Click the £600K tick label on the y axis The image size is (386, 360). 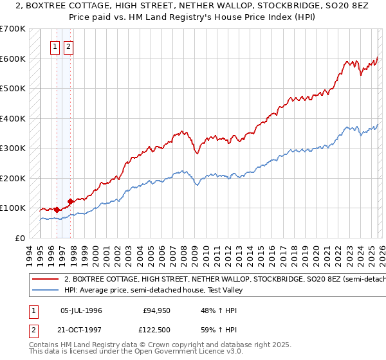click(13, 59)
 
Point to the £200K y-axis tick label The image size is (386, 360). click(13, 178)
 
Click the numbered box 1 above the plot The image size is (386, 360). click(55, 46)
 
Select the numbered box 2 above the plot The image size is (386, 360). click(68, 46)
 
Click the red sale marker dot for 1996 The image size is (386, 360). click(57, 209)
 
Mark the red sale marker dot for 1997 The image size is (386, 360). click(70, 201)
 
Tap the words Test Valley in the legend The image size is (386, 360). click(225, 290)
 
